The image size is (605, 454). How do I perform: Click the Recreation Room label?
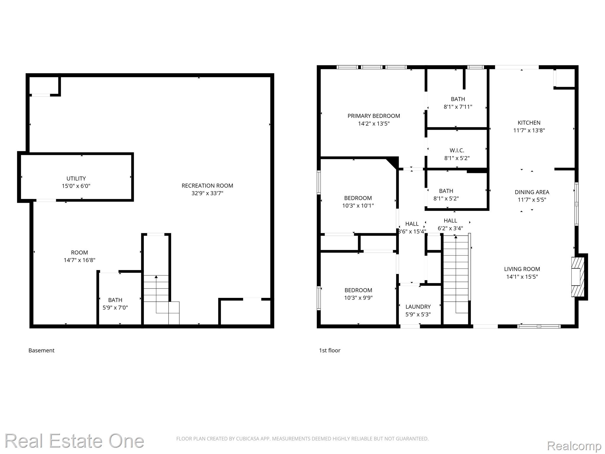(207, 186)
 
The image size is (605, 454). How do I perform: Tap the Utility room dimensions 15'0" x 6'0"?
(76, 186)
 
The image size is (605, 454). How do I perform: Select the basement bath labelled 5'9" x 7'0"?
(115, 304)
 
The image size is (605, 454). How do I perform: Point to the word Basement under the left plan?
(41, 351)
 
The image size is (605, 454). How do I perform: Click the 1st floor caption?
(329, 351)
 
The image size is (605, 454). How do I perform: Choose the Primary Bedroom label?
(374, 116)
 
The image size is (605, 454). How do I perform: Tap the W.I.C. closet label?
(457, 150)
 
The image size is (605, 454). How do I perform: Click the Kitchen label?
(529, 123)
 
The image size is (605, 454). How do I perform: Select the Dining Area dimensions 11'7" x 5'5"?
(532, 200)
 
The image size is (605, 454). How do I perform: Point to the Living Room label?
(522, 269)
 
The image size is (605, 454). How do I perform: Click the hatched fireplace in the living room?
(578, 277)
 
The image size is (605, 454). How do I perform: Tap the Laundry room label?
(418, 307)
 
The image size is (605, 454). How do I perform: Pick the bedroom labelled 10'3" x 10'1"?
(358, 202)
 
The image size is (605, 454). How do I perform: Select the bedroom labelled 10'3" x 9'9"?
(358, 294)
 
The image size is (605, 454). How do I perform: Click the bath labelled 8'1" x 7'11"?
(458, 103)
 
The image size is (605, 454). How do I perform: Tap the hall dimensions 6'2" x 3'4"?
(450, 228)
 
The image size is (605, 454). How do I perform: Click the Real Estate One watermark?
(74, 441)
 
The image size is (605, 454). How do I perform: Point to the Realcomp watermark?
(574, 446)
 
